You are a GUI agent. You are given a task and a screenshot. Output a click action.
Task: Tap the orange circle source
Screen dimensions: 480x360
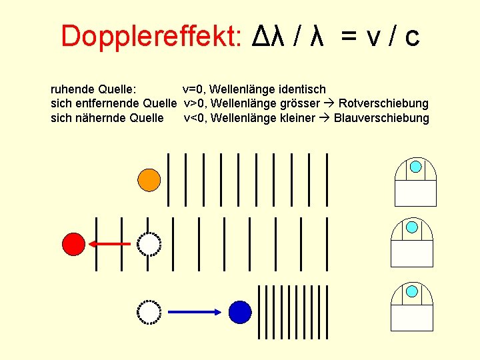(x=149, y=179)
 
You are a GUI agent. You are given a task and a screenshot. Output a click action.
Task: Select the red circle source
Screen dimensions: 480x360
(x=74, y=244)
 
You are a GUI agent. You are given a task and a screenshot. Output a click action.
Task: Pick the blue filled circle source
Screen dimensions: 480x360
(x=240, y=311)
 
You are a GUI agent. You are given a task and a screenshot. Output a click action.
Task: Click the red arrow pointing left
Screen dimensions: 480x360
(x=111, y=244)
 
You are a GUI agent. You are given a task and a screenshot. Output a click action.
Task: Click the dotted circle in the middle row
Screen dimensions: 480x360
(x=149, y=244)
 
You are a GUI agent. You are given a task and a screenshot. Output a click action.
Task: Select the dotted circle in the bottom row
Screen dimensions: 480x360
(x=149, y=311)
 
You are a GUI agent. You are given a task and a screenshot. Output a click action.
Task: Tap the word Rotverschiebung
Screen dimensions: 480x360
(x=383, y=103)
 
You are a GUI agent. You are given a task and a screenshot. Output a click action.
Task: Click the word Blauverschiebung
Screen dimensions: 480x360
(x=381, y=118)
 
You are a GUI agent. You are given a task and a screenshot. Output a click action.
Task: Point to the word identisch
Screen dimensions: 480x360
(x=302, y=89)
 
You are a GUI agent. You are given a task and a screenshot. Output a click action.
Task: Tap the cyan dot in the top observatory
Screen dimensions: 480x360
(x=415, y=166)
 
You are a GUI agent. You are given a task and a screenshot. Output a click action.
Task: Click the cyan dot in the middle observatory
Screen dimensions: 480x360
(x=413, y=227)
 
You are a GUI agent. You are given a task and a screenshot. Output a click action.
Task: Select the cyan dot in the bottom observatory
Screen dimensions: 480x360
(x=413, y=291)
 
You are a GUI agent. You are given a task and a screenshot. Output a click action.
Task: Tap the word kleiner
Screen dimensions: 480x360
(x=294, y=118)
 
